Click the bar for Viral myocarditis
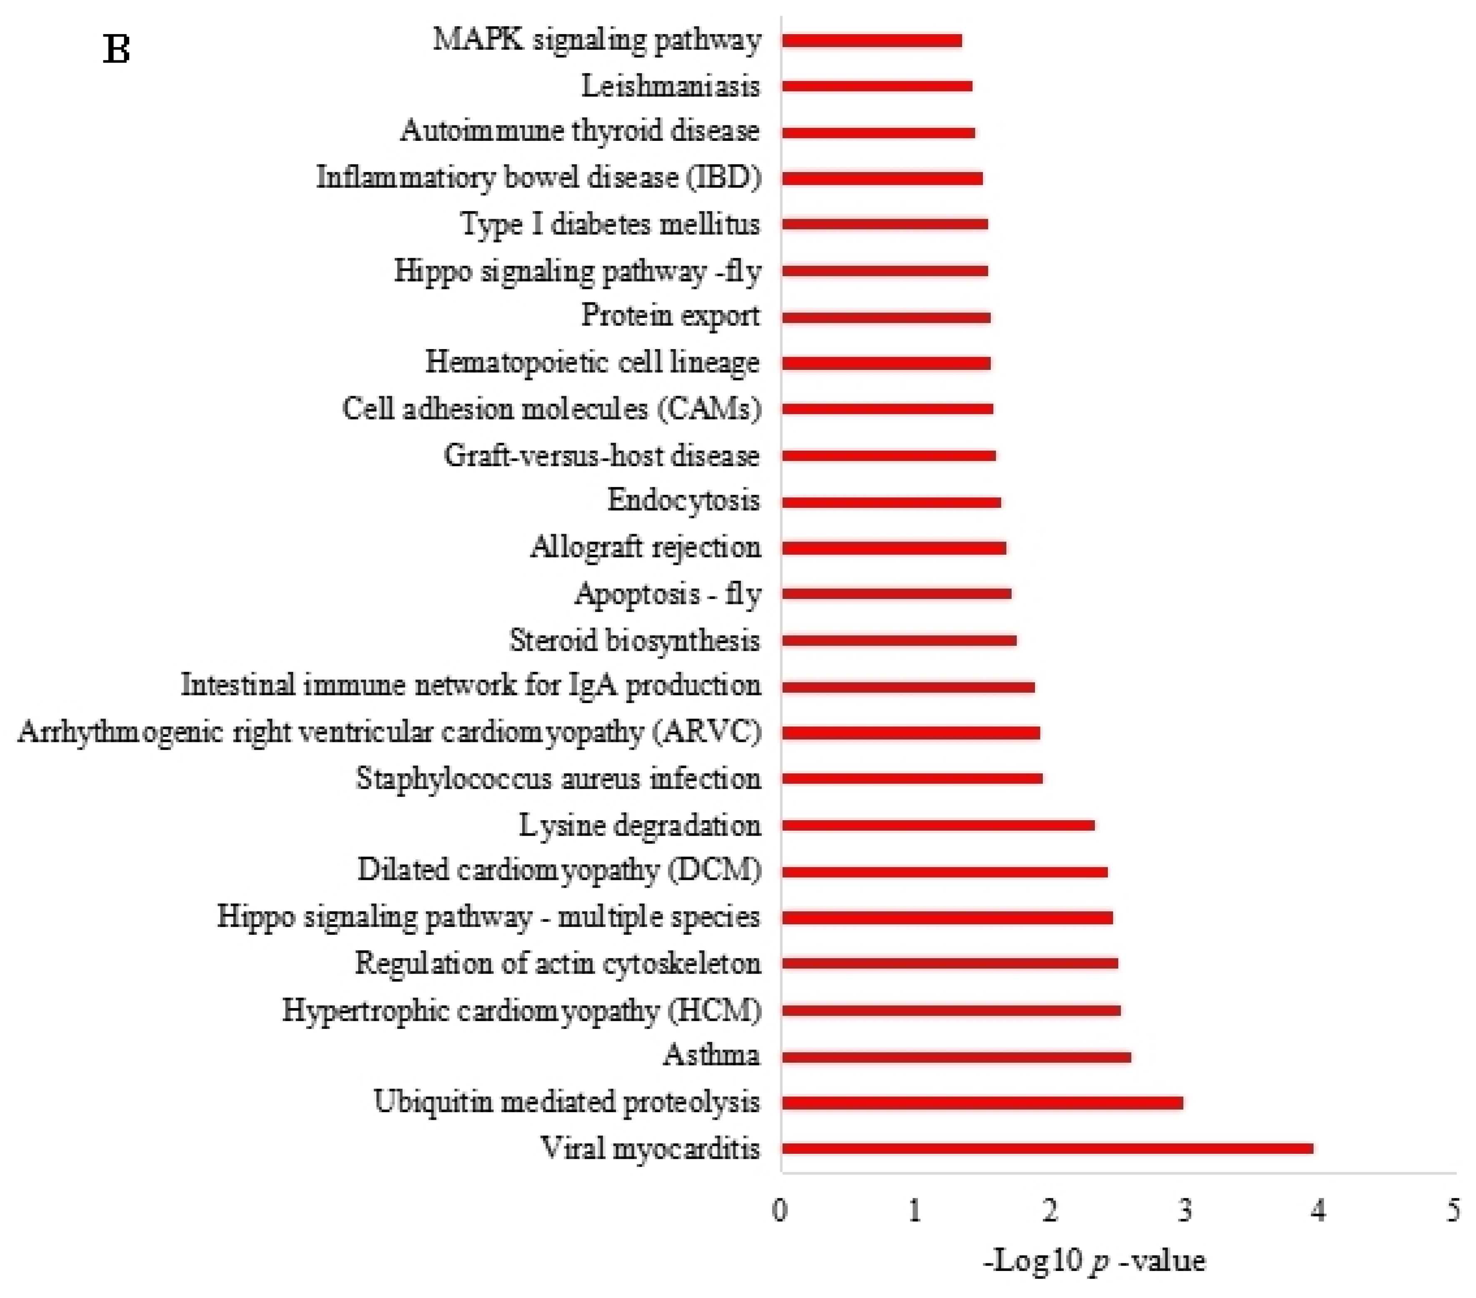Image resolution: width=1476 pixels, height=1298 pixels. tap(1047, 1148)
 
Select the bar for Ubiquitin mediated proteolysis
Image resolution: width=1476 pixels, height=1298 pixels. tap(982, 1102)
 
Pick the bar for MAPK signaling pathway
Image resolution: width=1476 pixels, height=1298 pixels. tap(872, 40)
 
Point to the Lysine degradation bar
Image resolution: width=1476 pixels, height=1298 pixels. tap(938, 825)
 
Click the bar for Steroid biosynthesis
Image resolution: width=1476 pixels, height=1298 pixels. tap(899, 640)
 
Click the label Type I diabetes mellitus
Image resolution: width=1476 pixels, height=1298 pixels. tap(610, 224)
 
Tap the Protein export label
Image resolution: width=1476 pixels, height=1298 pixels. tap(670, 316)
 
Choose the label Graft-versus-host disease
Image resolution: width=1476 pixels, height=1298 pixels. tap(601, 455)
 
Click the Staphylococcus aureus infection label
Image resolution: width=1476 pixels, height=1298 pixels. tap(558, 778)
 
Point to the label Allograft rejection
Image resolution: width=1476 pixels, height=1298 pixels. tap(646, 547)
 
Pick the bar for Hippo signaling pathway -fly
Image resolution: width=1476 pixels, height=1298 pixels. tap(885, 271)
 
